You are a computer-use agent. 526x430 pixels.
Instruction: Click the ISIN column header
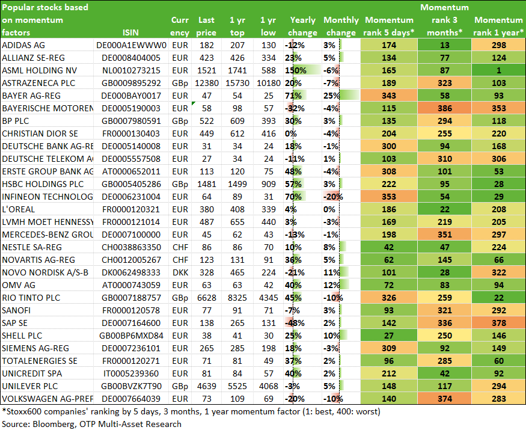[x=130, y=32]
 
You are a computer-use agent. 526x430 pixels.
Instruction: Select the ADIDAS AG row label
[x=23, y=45]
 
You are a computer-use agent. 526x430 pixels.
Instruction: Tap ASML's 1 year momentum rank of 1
[x=498, y=70]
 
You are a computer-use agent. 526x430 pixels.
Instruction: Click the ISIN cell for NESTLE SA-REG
[x=131, y=247]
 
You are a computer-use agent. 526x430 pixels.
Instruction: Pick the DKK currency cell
[x=180, y=272]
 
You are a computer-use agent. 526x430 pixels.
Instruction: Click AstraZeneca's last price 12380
[x=206, y=83]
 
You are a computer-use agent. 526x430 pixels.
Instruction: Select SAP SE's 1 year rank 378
[x=498, y=323]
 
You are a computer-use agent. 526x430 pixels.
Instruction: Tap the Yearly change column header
[x=302, y=26]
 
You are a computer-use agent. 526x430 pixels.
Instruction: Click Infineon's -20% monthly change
[x=333, y=197]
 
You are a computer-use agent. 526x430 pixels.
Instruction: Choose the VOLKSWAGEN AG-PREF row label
[x=47, y=399]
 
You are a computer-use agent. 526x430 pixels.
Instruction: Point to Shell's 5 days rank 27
[x=389, y=336]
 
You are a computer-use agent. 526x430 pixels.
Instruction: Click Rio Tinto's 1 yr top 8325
[x=237, y=298]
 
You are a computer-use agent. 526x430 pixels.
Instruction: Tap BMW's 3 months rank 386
[x=444, y=108]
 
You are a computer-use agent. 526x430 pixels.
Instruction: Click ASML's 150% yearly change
[x=296, y=70]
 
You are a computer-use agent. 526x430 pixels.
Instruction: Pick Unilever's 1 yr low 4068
[x=268, y=386]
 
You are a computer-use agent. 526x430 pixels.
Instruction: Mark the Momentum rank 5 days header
[x=389, y=26]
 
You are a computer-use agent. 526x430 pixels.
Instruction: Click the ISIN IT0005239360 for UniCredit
[x=131, y=373]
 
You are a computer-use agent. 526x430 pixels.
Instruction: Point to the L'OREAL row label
[x=19, y=209]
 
